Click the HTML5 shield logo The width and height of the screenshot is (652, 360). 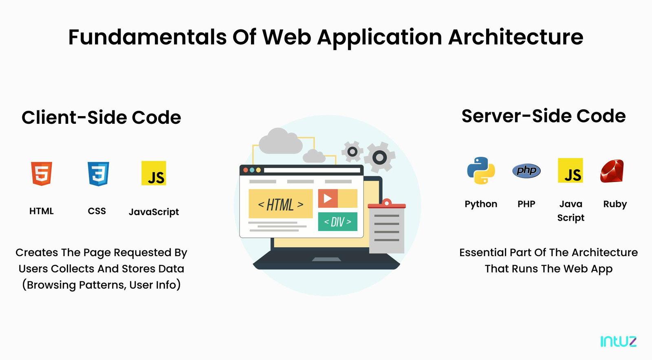click(42, 173)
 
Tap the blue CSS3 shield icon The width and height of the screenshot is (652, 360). click(98, 173)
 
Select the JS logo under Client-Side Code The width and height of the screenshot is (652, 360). click(154, 173)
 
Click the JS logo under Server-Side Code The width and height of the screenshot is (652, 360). click(570, 170)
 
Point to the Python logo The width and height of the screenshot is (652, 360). click(481, 170)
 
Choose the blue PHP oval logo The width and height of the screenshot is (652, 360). click(526, 170)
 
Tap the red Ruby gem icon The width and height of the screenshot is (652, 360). click(612, 171)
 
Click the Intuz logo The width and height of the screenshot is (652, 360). click(619, 341)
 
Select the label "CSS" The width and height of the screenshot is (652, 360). click(97, 211)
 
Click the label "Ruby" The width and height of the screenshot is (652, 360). click(615, 204)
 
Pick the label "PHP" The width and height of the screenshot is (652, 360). click(526, 204)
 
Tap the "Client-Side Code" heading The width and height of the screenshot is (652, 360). click(101, 117)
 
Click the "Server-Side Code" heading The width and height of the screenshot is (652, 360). click(544, 116)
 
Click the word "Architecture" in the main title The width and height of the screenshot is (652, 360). click(515, 37)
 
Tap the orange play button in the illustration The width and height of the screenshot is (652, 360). click(328, 198)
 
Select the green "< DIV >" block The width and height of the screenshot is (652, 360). click(338, 222)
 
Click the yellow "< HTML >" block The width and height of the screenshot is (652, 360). click(281, 204)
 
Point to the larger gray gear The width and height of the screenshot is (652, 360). click(379, 157)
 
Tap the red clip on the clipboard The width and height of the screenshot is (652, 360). click(387, 204)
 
